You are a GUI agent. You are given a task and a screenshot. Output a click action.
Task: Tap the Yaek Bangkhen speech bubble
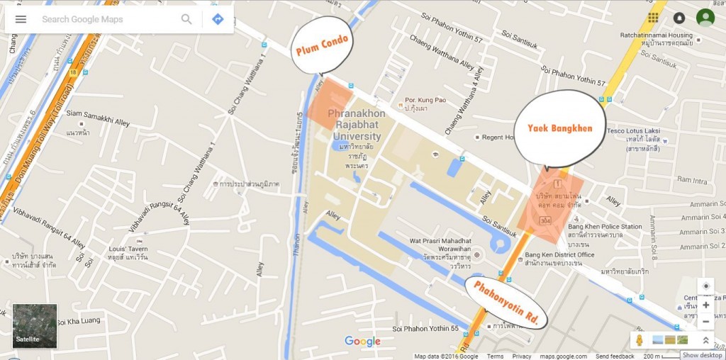(x=559, y=128)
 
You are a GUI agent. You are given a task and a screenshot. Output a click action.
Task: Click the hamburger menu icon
(x=21, y=19)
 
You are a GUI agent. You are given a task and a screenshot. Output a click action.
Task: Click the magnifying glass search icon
(x=186, y=19)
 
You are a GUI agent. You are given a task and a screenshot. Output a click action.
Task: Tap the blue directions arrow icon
(x=218, y=19)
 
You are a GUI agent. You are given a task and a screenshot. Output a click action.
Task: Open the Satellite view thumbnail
(x=35, y=326)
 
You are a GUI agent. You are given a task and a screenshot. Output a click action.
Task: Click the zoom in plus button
(x=705, y=305)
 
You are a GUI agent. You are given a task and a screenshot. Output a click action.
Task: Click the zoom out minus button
(x=705, y=322)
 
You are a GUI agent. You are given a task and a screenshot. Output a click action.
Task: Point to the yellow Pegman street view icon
(x=639, y=340)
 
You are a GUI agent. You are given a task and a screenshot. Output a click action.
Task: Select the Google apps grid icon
(x=653, y=18)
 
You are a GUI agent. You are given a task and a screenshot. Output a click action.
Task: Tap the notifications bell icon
(x=679, y=18)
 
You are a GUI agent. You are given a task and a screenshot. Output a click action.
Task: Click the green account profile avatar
(x=705, y=18)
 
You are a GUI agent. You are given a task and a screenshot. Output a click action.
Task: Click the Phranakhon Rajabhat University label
(x=356, y=125)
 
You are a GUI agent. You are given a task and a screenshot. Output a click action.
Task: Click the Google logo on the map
(x=362, y=342)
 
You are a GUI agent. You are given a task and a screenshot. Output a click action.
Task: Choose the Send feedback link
(x=615, y=356)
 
